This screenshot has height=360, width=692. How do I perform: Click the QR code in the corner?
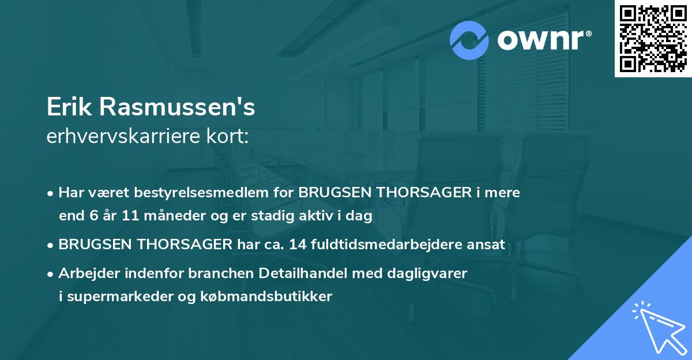click(x=653, y=39)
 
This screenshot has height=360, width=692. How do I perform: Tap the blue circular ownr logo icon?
click(x=469, y=40)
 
